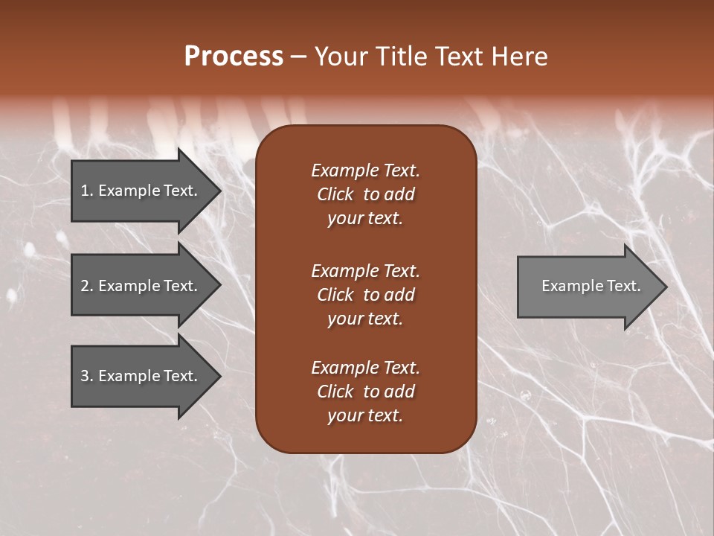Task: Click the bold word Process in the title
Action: pos(234,57)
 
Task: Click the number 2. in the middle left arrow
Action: pos(87,286)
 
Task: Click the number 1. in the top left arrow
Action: pos(87,191)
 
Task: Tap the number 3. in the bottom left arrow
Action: pos(87,376)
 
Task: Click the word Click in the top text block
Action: pos(335,194)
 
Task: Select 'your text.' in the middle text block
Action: pos(365,319)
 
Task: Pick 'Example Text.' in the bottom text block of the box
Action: pos(365,368)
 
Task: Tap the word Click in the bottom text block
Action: pos(335,392)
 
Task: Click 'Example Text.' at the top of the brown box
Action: pos(365,170)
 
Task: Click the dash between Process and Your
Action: pos(298,57)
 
